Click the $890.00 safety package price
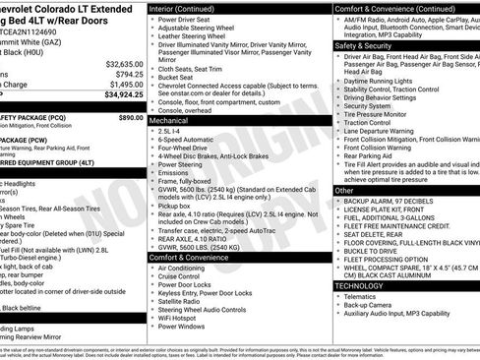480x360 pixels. (x=131, y=117)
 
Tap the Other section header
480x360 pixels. (x=344, y=190)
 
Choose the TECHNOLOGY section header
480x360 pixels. (x=359, y=285)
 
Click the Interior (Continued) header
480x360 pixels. (x=190, y=8)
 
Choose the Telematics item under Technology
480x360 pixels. (x=363, y=296)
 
